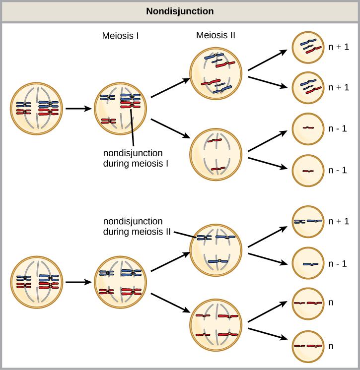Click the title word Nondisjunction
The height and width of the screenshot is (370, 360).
180,11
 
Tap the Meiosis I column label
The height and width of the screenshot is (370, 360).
120,36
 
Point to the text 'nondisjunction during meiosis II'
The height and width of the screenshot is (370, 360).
134,226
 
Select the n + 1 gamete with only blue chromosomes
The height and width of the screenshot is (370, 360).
308,222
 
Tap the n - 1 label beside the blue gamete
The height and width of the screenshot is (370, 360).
338,263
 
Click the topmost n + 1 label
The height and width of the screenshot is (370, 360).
339,48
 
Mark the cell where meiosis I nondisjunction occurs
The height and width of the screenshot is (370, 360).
121,109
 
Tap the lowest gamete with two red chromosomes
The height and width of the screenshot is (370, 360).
308,345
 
